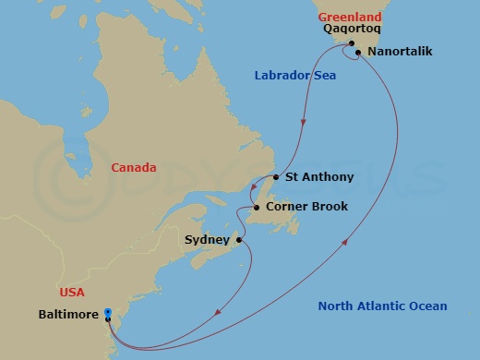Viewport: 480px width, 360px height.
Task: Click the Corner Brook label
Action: coord(306,207)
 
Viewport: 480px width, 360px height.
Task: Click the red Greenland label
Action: coord(351,17)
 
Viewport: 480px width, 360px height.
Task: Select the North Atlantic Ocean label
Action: coord(382,306)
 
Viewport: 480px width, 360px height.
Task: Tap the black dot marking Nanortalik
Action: coord(357,53)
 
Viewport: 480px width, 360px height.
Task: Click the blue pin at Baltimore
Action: coord(108,314)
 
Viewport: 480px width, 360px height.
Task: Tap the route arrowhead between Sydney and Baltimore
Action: coord(218,312)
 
